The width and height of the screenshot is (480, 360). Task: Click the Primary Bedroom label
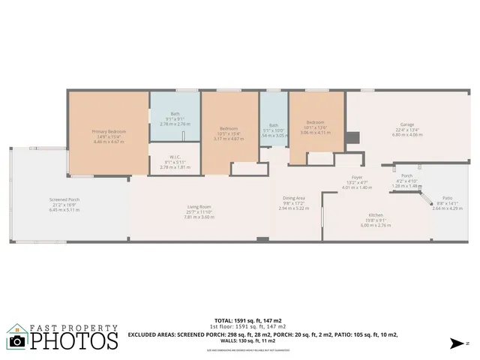(109, 131)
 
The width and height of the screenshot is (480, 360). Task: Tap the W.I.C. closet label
(175, 157)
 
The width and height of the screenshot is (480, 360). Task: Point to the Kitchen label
(376, 214)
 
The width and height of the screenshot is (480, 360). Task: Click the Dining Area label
(293, 198)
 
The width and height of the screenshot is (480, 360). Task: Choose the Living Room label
(199, 207)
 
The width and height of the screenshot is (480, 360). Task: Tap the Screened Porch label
(64, 199)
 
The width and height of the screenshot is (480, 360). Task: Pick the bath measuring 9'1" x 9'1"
(175, 114)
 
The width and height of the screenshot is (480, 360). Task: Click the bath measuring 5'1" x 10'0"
(274, 125)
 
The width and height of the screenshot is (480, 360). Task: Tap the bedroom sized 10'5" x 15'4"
(229, 127)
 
